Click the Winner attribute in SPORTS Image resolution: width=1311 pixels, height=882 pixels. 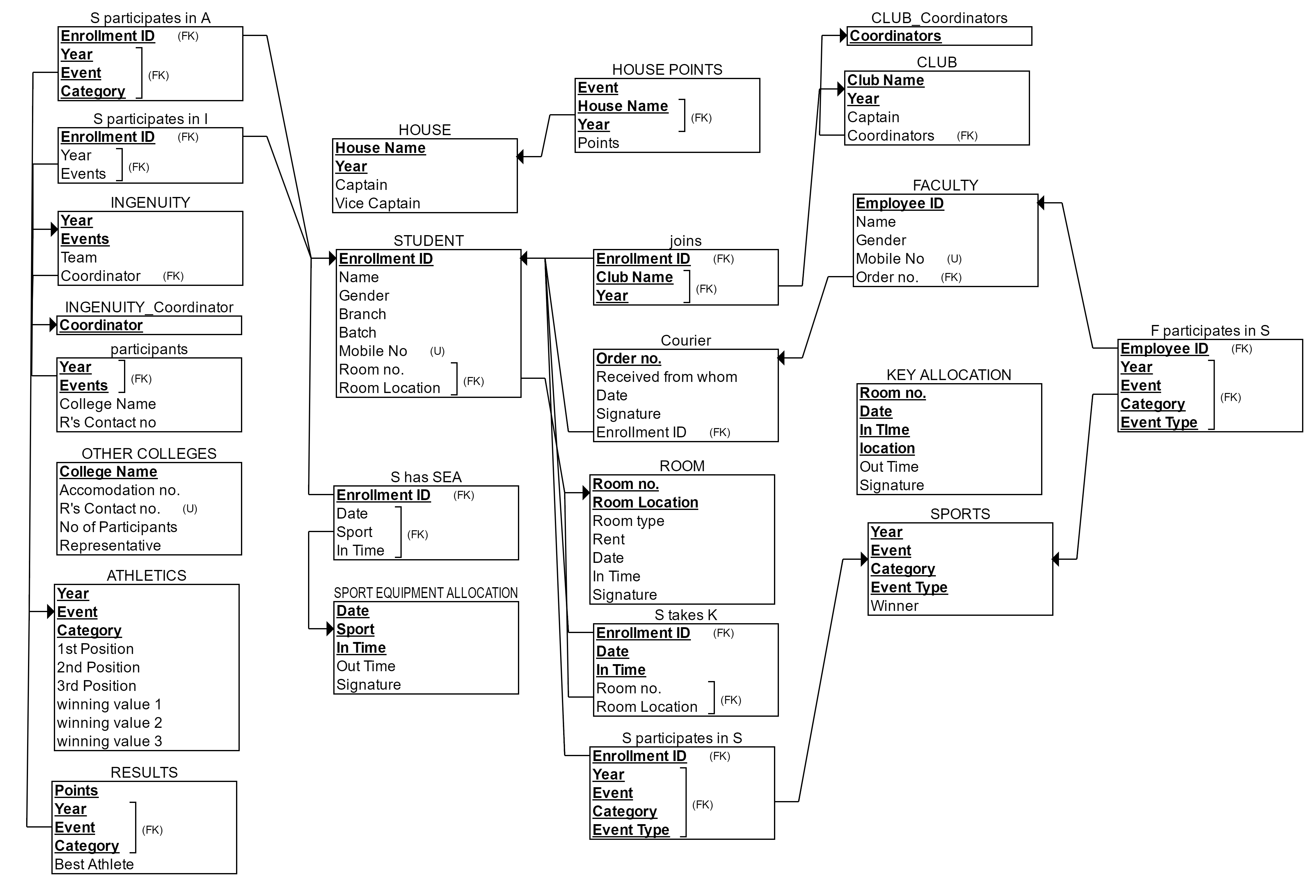(894, 606)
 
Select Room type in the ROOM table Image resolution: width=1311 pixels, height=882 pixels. (628, 521)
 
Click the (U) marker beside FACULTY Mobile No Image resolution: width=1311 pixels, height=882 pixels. (954, 259)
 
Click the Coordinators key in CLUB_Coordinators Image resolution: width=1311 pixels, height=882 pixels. (895, 36)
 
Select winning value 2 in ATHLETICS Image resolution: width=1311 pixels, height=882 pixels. (109, 723)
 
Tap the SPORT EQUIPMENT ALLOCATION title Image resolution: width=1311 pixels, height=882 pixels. (425, 593)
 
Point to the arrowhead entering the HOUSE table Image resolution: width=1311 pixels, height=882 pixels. (520, 156)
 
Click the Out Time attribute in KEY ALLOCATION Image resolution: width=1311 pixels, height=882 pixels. (889, 467)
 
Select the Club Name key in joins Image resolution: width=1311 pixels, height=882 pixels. (634, 277)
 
